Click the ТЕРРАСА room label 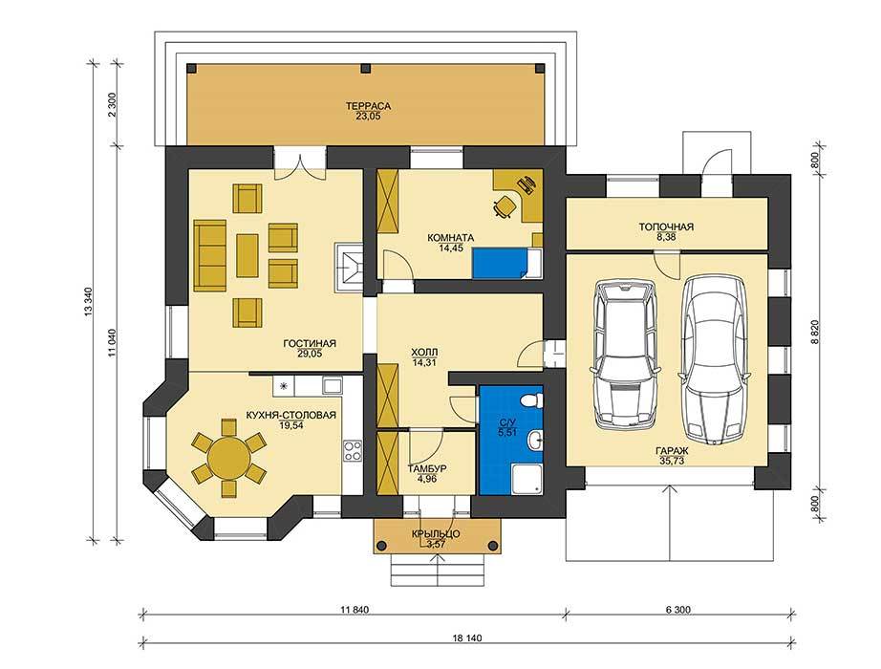click(368, 106)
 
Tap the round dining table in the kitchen click(228, 458)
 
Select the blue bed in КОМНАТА click(501, 264)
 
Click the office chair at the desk click(504, 205)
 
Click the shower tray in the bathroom click(527, 479)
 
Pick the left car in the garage click(624, 355)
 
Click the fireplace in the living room click(349, 267)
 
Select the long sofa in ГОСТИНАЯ click(209, 254)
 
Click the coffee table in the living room click(247, 256)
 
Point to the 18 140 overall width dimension click(467, 638)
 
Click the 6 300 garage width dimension click(678, 610)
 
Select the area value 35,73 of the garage click(672, 461)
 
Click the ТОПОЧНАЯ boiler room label click(666, 227)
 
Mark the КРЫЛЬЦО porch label click(436, 533)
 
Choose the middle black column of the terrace click(366, 68)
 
